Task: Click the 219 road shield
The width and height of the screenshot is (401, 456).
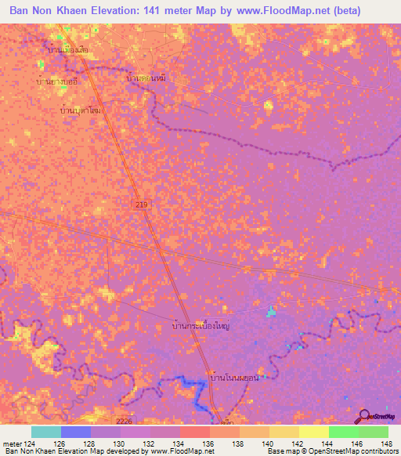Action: [139, 204]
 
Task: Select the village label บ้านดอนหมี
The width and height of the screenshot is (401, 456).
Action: [146, 79]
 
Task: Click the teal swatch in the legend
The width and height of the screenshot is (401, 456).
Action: [45, 432]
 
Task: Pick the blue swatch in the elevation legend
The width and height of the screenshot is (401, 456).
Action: [75, 432]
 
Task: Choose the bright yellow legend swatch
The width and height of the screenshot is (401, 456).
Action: [313, 432]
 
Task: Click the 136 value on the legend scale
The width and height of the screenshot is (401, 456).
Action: [209, 443]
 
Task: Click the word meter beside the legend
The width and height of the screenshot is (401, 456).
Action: [13, 443]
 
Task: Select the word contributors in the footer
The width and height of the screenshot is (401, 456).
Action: [378, 451]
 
